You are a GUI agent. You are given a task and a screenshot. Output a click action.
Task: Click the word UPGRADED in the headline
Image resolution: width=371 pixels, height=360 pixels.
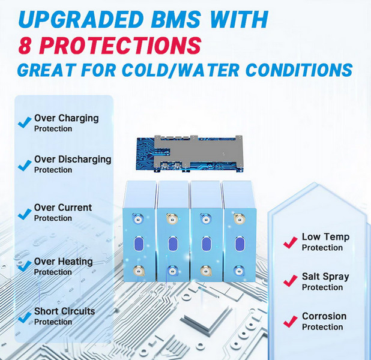click(81, 19)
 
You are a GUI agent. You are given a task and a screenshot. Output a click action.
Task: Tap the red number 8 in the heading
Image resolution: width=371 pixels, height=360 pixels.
click(25, 45)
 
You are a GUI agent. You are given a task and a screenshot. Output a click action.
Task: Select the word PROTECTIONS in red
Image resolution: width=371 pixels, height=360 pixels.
click(120, 45)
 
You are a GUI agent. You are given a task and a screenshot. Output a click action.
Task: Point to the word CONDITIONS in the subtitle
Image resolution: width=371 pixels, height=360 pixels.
click(299, 70)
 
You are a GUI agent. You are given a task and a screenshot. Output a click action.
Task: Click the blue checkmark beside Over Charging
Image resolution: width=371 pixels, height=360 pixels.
click(25, 122)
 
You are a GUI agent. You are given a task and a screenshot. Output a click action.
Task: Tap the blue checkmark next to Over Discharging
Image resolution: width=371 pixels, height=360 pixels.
click(25, 165)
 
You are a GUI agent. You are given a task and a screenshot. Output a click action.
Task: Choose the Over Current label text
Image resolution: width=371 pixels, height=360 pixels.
click(63, 208)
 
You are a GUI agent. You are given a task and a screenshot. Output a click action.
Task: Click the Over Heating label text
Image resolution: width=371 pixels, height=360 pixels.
click(64, 262)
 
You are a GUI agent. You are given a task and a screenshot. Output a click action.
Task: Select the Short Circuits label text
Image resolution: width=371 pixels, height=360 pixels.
click(65, 311)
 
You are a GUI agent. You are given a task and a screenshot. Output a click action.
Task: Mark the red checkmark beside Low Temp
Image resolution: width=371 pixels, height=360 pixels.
click(291, 242)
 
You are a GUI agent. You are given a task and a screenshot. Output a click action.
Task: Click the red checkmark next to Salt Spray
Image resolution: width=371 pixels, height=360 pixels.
click(291, 281)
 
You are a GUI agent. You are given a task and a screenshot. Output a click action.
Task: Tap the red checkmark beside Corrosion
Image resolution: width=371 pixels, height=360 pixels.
click(291, 322)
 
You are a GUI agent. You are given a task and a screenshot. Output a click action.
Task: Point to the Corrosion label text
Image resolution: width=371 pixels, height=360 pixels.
click(324, 316)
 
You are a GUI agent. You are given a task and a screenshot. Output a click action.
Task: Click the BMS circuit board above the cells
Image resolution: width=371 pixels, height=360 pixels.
click(190, 153)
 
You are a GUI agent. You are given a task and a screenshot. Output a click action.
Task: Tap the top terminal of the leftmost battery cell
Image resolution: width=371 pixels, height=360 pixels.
click(137, 219)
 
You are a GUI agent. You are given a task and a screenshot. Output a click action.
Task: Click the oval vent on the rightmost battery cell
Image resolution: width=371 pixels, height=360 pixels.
click(240, 244)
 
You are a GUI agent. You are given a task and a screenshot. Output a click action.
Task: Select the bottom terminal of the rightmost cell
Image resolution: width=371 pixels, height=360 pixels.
click(239, 271)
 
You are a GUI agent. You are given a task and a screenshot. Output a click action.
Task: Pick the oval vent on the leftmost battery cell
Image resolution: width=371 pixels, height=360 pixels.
click(139, 244)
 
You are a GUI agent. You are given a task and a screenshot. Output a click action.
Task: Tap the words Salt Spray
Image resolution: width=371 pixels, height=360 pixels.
click(325, 277)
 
